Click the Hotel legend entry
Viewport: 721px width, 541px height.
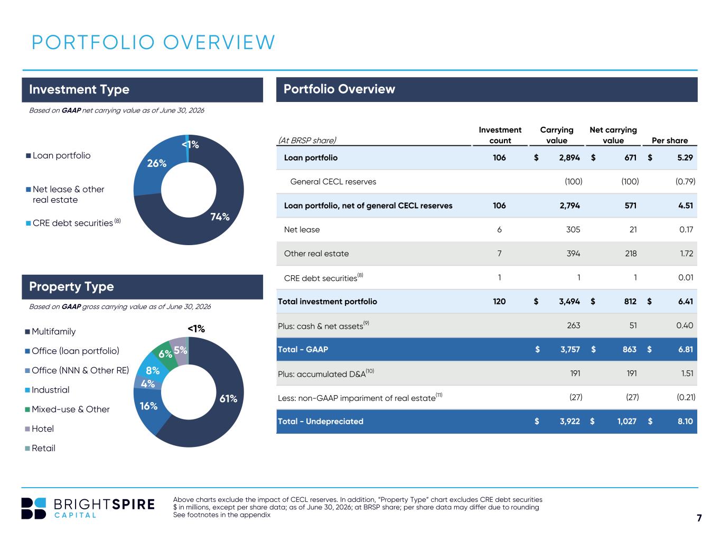(x=40, y=428)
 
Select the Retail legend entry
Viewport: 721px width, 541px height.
(x=40, y=448)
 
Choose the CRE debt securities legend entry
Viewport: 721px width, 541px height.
(x=73, y=223)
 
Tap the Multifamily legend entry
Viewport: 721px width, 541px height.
(x=50, y=331)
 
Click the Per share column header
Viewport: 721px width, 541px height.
(x=669, y=141)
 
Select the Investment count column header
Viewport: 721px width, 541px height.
(x=500, y=135)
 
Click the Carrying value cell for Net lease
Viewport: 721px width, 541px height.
(x=573, y=230)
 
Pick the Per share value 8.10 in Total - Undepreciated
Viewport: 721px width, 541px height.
(x=685, y=421)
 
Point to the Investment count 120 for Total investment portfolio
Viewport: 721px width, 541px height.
(x=499, y=301)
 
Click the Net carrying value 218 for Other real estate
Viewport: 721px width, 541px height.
(x=631, y=253)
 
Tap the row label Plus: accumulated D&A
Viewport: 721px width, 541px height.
(x=326, y=374)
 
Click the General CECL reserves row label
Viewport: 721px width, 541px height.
(x=333, y=182)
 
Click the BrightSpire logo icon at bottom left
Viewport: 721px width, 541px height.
(x=33, y=508)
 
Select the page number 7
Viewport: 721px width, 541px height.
(x=699, y=518)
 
